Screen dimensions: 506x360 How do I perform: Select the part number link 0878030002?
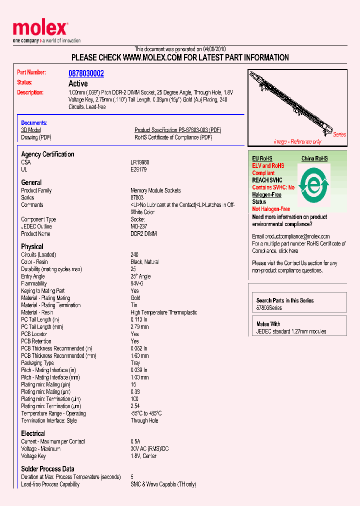[x=86, y=73]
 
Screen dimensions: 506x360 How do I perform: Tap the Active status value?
[x=78, y=83]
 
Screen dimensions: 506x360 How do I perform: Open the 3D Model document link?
[x=30, y=130]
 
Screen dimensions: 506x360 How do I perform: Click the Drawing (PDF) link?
[x=36, y=137]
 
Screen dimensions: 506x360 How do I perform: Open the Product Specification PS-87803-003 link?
[x=177, y=130]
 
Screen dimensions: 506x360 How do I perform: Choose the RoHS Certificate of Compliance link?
[x=173, y=137]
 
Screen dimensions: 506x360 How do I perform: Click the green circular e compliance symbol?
[x=313, y=185]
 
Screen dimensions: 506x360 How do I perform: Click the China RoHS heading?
[x=314, y=158]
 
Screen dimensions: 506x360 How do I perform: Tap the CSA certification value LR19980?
[x=140, y=162]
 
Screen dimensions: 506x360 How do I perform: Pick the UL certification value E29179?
[x=138, y=169]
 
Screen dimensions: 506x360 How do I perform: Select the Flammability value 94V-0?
[x=137, y=283]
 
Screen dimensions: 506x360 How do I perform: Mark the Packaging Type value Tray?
[x=135, y=363]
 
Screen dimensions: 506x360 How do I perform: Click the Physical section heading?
[x=32, y=246]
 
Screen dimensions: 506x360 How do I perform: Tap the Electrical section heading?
[x=33, y=433]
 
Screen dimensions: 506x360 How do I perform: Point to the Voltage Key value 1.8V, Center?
[x=143, y=456]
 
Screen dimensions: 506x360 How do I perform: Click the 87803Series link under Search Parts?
[x=269, y=308]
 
